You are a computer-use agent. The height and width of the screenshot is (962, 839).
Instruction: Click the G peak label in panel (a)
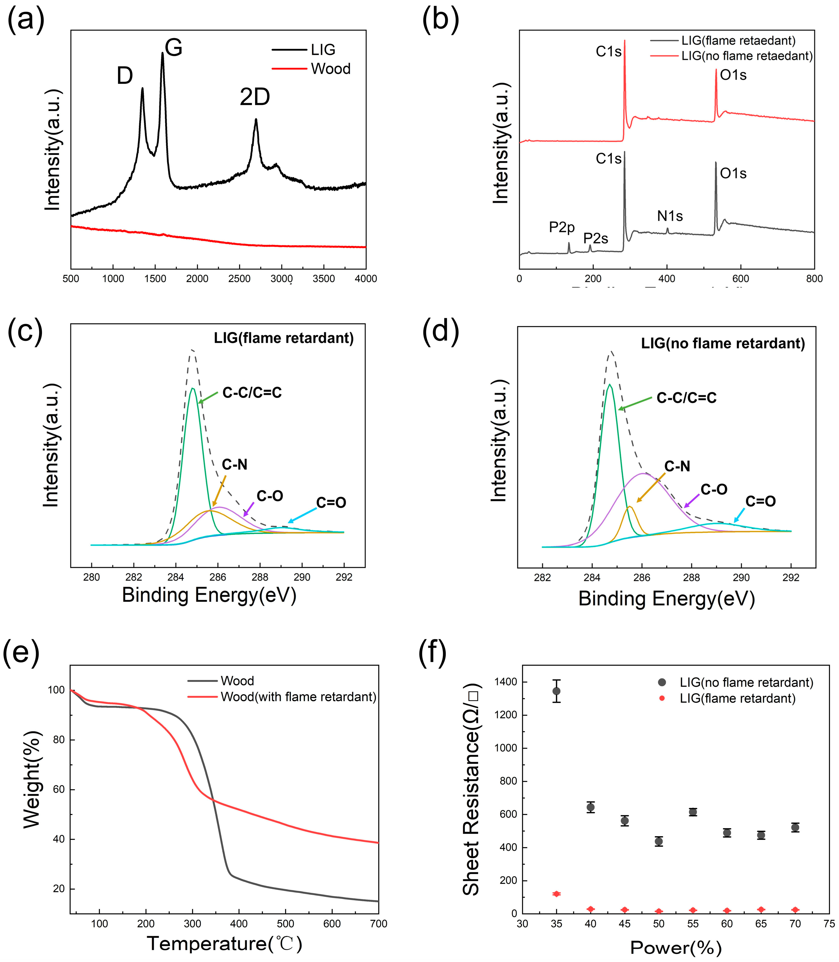[173, 48]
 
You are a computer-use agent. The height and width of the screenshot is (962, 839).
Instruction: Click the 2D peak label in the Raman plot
[255, 97]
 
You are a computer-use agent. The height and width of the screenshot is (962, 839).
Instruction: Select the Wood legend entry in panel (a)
[330, 69]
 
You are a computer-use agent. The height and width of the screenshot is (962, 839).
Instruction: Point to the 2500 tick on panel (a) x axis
[239, 279]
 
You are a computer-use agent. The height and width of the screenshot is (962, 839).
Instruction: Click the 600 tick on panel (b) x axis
[741, 279]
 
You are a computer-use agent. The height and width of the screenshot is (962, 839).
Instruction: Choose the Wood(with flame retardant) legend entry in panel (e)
[298, 697]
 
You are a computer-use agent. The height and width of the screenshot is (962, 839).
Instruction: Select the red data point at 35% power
[556, 894]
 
